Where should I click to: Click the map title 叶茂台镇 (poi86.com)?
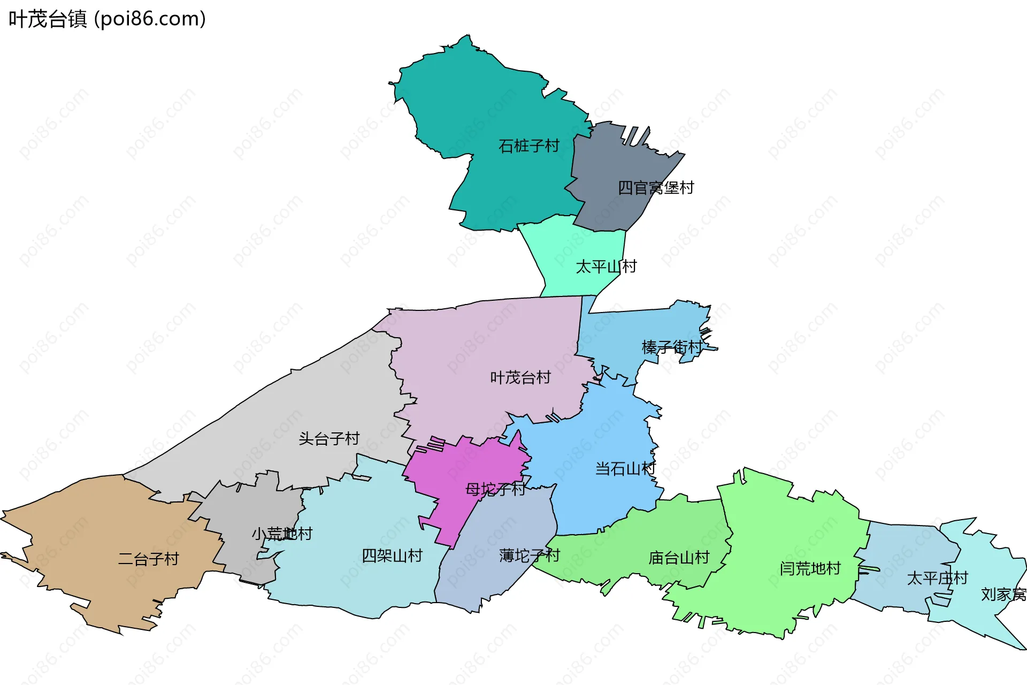pos(107,19)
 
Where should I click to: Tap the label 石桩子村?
pos(528,146)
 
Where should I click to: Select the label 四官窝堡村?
pos(656,188)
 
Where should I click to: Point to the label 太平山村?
pos(606,267)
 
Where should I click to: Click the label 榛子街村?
pos(672,347)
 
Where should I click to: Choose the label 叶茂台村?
pos(520,377)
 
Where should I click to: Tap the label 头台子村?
pos(329,439)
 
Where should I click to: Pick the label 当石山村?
pos(625,469)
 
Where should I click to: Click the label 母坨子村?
pos(495,489)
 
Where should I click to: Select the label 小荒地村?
pos(282,534)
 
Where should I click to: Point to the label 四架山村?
pos(392,555)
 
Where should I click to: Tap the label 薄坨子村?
pos(529,555)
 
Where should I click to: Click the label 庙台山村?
pos(679,558)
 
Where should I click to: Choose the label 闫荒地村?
pos(810,568)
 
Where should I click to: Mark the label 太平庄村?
pos(937,578)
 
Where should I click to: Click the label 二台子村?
pos(148,559)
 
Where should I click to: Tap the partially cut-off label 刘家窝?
pos(1003,594)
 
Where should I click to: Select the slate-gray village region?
pos(615,161)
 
